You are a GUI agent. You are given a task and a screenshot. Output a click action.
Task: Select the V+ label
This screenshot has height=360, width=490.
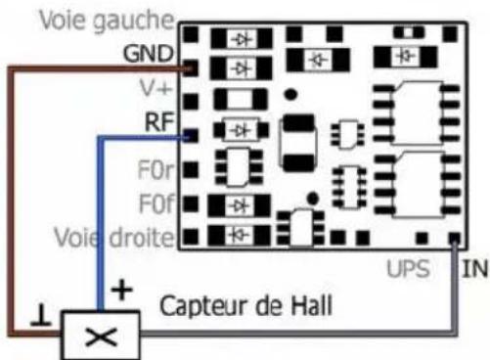158,88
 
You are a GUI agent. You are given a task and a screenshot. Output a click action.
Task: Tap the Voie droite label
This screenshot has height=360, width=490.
116,238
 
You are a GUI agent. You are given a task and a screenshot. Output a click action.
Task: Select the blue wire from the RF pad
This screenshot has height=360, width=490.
99,215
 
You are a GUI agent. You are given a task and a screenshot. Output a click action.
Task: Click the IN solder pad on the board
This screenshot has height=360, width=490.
454,238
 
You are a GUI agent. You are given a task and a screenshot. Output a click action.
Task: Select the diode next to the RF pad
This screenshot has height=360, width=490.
240,128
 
